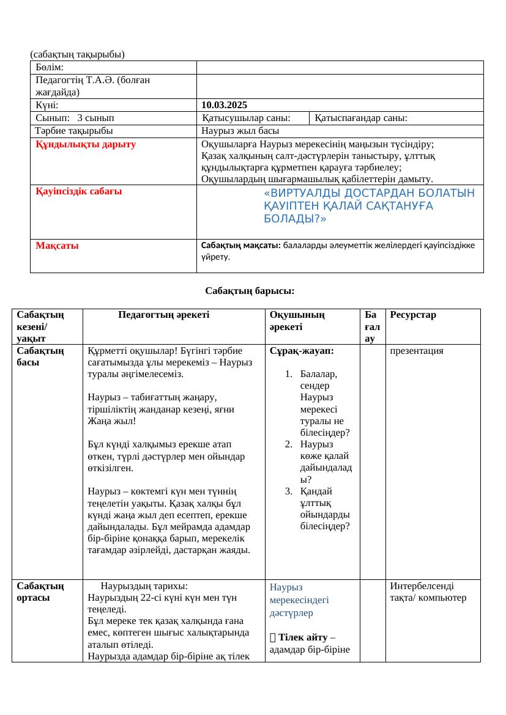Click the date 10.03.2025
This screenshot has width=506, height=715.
[x=224, y=105]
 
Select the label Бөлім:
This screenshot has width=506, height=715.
[x=50, y=67]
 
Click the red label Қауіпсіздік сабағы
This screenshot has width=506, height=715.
[x=78, y=191]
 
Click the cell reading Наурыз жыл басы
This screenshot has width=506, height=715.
[x=240, y=130]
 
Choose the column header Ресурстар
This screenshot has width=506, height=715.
[x=413, y=315]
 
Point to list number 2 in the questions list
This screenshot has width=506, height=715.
[x=289, y=444]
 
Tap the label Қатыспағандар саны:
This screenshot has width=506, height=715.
[x=361, y=118]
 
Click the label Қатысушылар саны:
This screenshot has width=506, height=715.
[x=247, y=118]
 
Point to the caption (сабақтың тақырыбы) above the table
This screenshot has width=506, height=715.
[x=77, y=54]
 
